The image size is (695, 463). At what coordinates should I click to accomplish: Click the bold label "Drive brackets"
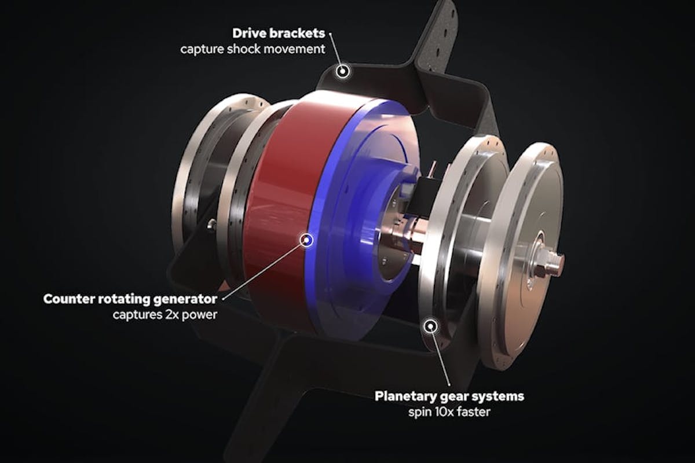pyautogui.click(x=279, y=33)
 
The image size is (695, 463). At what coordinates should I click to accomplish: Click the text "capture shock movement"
pyautogui.click(x=253, y=49)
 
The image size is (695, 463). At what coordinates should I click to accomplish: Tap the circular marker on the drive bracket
pyautogui.click(x=343, y=71)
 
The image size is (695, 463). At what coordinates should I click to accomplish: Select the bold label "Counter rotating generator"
pyautogui.click(x=130, y=299)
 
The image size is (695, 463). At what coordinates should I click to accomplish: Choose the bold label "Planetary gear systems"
pyautogui.click(x=449, y=396)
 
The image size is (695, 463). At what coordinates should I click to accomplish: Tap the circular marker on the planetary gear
pyautogui.click(x=430, y=326)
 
